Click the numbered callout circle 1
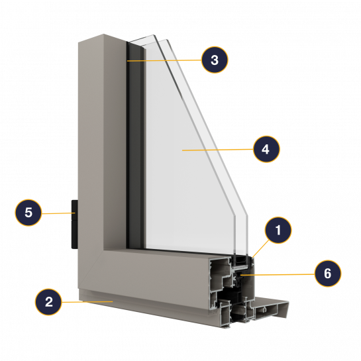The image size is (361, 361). pos(278,230)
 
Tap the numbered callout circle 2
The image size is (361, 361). pos(48,302)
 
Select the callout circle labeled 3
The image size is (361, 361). pos(215,60)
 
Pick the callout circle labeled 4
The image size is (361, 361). pos(266,149)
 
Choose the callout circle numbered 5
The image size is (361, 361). pos(28,212)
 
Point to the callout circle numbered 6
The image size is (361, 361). pos(328,274)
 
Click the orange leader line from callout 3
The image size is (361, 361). pos(164,60)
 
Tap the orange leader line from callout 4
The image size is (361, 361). pos(217,150)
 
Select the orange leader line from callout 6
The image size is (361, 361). pos(278,274)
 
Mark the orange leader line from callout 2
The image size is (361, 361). pos(87,301)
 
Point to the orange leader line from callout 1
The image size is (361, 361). pos(260,248)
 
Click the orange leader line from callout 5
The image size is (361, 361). pos(58,213)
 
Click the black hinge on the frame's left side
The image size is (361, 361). pos(75,225)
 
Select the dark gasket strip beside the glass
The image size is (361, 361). pos(134,145)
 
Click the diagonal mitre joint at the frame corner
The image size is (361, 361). pos(91,268)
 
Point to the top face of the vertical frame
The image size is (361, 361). pos(102,38)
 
